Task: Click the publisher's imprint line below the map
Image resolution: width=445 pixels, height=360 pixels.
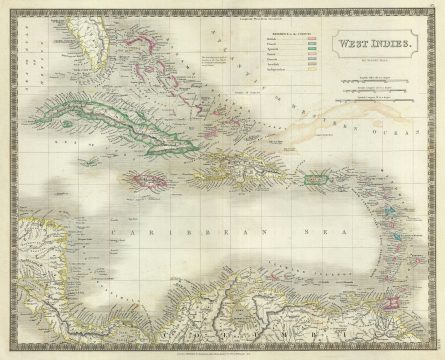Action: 221,351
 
